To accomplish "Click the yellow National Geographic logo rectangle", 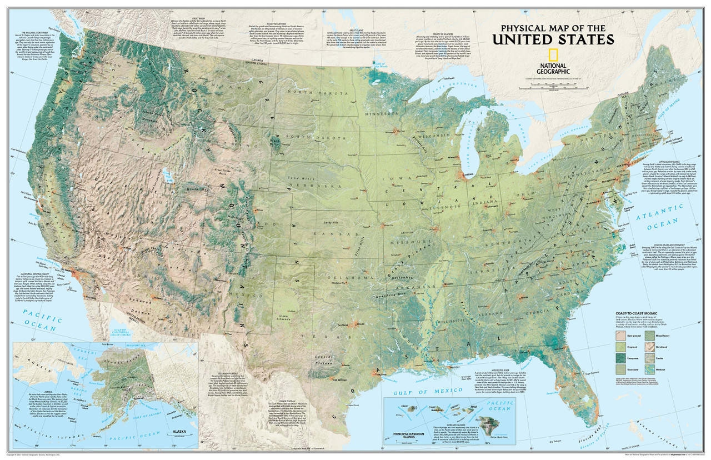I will [553, 55].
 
